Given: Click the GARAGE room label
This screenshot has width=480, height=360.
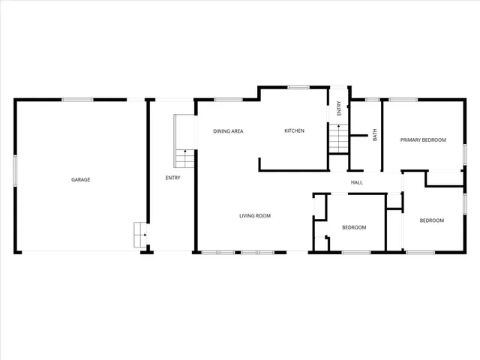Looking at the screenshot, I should click(x=80, y=179).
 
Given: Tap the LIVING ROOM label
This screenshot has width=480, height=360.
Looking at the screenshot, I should click(x=254, y=216).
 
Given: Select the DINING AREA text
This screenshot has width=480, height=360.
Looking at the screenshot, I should click(x=228, y=131).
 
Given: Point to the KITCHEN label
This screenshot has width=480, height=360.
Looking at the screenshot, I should click(x=294, y=131).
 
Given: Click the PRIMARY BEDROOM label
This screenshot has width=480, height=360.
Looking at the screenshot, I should click(x=423, y=139).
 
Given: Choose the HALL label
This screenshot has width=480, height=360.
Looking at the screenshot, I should click(x=357, y=181).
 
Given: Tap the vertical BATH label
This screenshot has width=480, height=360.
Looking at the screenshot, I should click(x=375, y=136).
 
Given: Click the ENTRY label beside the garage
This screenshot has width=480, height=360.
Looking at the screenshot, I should click(x=172, y=178).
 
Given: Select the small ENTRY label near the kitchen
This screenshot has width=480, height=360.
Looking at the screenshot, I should click(x=339, y=108).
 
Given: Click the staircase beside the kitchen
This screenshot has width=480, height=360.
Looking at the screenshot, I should click(x=338, y=138).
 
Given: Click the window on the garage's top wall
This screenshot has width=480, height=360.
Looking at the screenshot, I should click(x=77, y=99).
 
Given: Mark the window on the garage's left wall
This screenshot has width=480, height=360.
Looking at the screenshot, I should click(x=16, y=166).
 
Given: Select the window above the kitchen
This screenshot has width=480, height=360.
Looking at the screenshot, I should click(x=299, y=88).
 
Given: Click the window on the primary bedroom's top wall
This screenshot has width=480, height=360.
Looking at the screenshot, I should click(x=403, y=99).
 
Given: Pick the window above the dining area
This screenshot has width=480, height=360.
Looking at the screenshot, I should click(x=223, y=99).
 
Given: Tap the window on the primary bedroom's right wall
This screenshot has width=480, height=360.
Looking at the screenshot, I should click(x=464, y=152).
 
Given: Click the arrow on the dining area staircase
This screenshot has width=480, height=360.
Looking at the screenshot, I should click(x=185, y=152).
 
